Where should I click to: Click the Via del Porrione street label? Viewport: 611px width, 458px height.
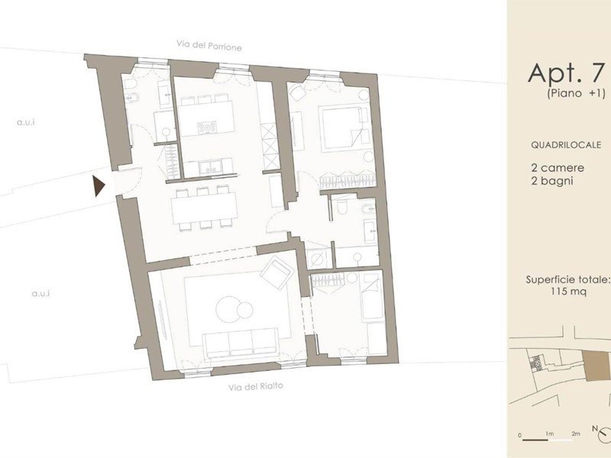tap(209, 46)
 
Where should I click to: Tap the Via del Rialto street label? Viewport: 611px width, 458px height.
tap(256, 387)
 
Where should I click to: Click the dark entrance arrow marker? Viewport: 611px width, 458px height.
tap(99, 185)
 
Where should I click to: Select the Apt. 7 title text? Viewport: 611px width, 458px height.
tap(566, 73)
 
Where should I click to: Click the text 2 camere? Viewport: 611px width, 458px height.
tap(558, 168)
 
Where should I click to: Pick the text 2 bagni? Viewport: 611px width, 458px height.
tap(551, 181)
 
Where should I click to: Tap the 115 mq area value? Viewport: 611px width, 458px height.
tap(568, 292)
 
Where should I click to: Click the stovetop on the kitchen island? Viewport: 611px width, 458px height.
tap(207, 127)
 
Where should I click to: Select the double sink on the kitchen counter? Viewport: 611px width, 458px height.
tap(211, 167)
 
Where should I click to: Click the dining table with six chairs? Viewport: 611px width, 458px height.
tap(205, 208)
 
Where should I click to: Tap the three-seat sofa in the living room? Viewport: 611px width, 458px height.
tap(241, 343)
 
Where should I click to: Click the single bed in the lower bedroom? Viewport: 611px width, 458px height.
tap(372, 297)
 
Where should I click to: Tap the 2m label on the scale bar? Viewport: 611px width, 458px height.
tap(576, 434)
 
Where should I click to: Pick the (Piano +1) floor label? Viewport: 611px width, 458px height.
tap(576, 93)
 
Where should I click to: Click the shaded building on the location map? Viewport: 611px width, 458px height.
tap(596, 365)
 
